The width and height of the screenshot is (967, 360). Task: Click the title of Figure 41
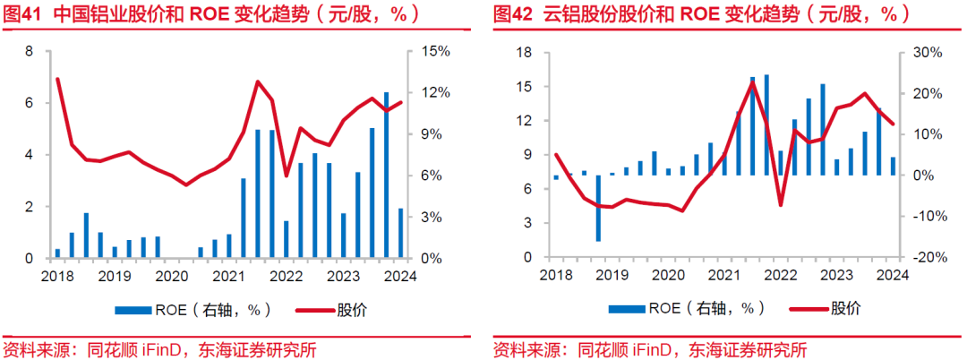(220, 15)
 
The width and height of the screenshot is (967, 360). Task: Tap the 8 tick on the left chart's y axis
(29, 52)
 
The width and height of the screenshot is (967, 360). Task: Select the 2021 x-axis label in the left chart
(229, 277)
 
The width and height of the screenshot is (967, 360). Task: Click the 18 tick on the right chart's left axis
(526, 53)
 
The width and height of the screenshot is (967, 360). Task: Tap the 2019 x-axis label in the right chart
(611, 276)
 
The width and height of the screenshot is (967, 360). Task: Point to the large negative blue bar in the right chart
(598, 208)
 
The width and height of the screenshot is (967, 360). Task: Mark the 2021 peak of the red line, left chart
(258, 82)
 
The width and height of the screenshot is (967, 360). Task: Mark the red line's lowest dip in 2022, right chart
(781, 205)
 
